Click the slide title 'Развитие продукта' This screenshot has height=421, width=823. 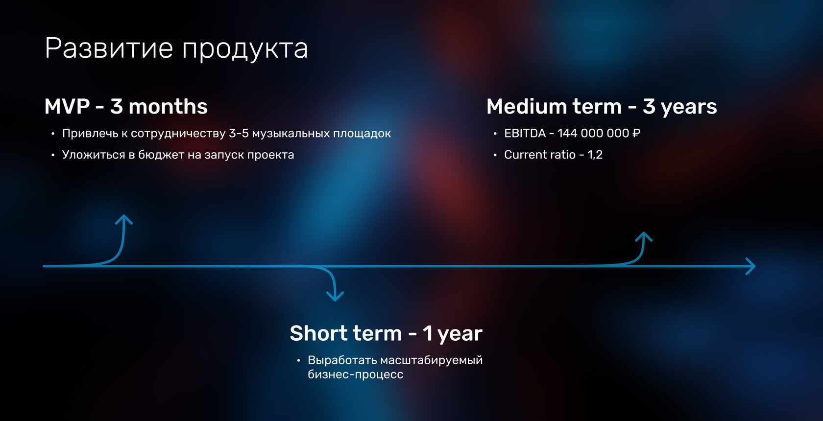point(176,48)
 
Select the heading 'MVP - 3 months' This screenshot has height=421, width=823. point(126,106)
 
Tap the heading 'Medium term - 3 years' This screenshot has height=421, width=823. point(602,106)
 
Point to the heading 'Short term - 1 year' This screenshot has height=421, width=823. point(386,333)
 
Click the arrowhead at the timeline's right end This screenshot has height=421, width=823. point(750,266)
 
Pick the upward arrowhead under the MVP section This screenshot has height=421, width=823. point(124,219)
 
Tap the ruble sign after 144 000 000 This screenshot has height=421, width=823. point(636,133)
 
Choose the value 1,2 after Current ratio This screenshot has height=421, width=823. point(595,155)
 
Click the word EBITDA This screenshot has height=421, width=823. point(525,133)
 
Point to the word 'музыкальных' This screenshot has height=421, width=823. point(290,133)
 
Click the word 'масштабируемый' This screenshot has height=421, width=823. point(431,360)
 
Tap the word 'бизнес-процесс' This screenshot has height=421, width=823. point(355,374)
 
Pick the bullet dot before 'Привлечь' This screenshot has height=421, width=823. point(53,134)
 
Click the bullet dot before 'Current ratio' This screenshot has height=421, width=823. point(495,155)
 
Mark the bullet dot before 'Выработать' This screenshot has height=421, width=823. point(299,361)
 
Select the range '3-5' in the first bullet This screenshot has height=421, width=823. point(239,133)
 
